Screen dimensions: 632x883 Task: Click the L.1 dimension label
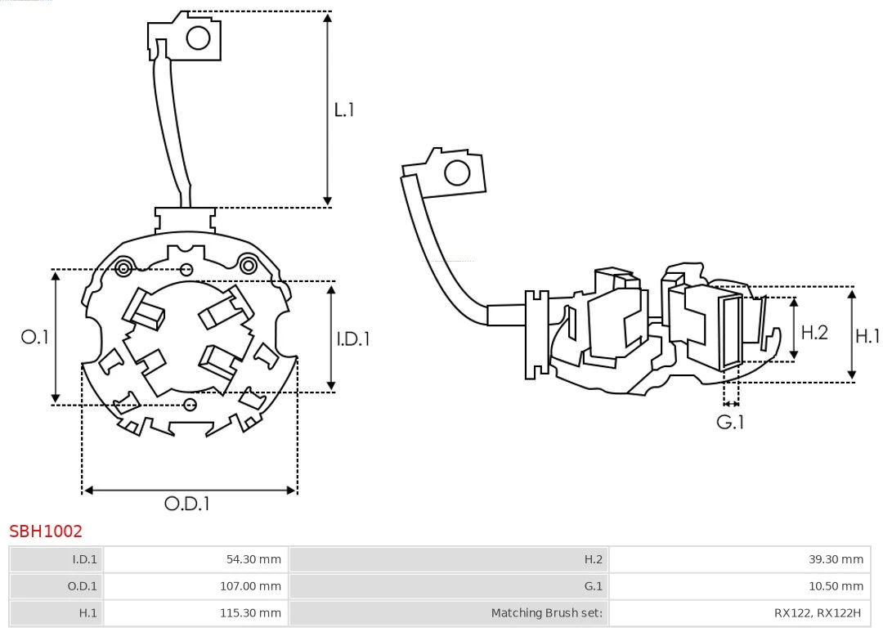click(344, 110)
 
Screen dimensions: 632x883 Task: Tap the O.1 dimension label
click(35, 337)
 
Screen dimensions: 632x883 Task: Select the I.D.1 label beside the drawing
click(353, 338)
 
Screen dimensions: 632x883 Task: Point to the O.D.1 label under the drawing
click(187, 504)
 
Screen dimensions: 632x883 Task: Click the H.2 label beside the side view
click(814, 332)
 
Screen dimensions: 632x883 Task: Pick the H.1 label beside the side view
click(867, 335)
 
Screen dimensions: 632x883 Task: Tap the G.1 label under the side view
click(730, 423)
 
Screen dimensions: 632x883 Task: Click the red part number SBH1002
click(46, 531)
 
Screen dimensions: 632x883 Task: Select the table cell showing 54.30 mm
click(253, 560)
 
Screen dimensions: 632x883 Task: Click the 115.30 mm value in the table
click(250, 612)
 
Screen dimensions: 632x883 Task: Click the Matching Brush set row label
click(546, 612)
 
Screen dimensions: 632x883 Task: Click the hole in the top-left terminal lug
click(199, 38)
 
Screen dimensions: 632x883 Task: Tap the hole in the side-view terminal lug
click(456, 173)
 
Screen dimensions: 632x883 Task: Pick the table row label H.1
click(87, 612)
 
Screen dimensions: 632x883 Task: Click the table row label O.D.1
click(82, 586)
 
